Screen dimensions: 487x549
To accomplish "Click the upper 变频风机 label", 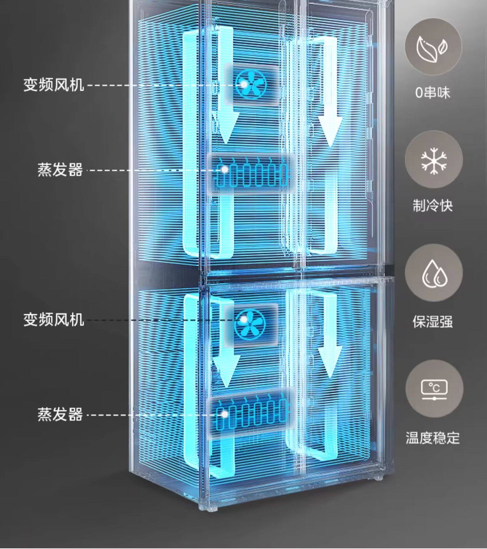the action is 54,85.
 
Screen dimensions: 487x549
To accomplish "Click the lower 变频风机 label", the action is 54,320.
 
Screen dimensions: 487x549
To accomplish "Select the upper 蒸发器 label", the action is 60,170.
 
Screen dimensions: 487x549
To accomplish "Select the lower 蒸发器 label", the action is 60,415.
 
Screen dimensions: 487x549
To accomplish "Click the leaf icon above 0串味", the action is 433,48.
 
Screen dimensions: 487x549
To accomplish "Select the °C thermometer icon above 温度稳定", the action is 434,389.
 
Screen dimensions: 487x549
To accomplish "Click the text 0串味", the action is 433,93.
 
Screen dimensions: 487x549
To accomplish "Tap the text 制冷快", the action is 433,206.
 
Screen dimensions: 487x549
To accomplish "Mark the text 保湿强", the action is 433,322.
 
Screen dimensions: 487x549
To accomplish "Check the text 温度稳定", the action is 433,438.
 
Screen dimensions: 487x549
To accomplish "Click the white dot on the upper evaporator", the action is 225,169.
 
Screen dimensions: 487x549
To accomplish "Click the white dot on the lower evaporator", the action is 225,414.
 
